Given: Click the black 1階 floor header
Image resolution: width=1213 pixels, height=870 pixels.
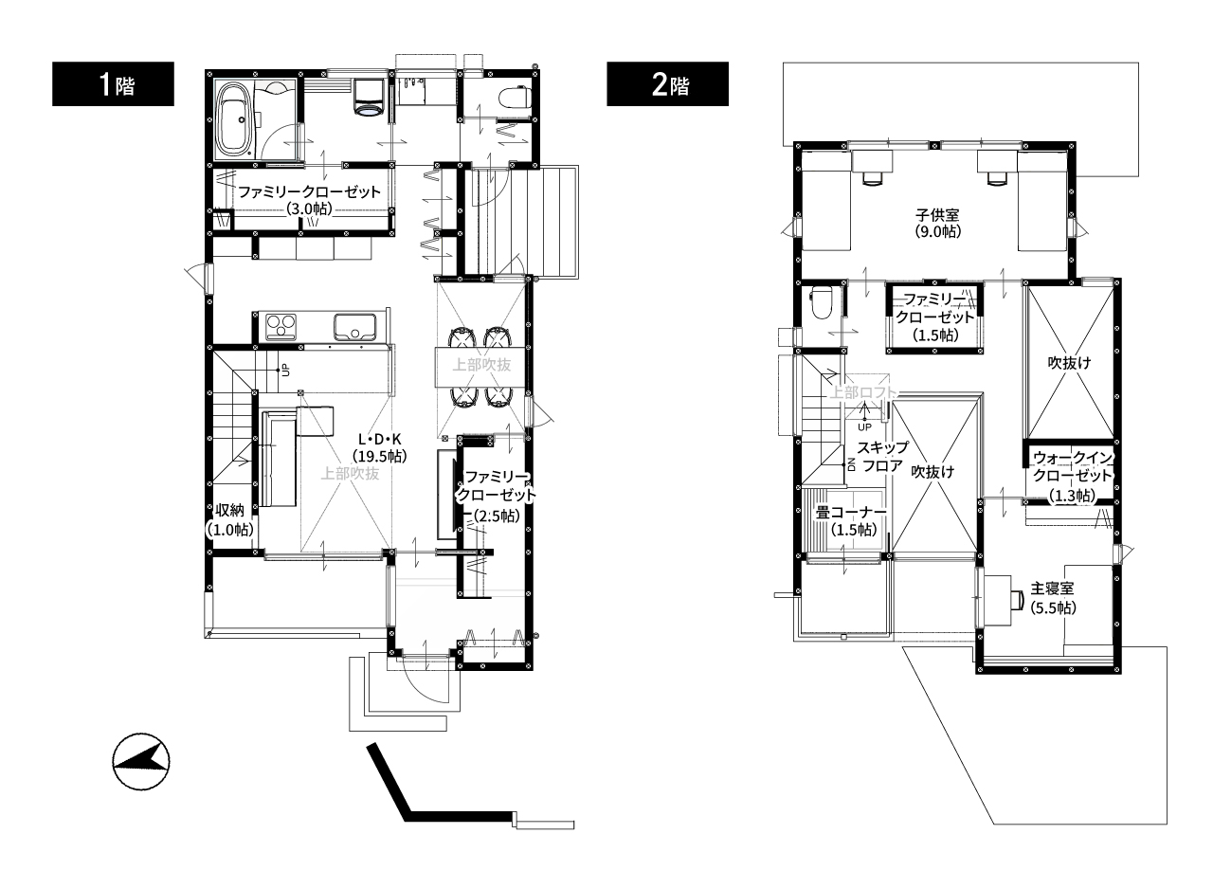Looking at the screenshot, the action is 113,84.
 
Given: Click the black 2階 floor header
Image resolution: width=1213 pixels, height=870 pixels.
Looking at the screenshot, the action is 667,84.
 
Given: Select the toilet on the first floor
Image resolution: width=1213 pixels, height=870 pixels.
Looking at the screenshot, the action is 514,98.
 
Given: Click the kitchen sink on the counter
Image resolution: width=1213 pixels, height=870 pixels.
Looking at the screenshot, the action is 354,327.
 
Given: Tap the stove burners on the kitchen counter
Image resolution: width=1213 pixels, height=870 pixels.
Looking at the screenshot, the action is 281,327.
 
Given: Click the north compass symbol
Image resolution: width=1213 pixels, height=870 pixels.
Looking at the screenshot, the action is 141,762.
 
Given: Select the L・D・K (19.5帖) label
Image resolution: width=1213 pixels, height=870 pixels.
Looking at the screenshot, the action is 380,448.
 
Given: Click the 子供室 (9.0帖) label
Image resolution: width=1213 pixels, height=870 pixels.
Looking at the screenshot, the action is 938,224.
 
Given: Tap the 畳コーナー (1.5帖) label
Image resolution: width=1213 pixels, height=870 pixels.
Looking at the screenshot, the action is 851,521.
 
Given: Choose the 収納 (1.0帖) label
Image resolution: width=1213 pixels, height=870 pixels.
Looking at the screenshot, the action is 230,519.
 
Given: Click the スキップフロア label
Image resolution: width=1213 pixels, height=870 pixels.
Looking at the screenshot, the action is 882,456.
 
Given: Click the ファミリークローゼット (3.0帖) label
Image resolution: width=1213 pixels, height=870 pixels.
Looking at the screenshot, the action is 309,200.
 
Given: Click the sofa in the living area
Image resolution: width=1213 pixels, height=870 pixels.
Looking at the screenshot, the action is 279,459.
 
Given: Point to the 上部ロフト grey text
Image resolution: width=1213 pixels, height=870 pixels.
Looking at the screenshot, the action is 863,392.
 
